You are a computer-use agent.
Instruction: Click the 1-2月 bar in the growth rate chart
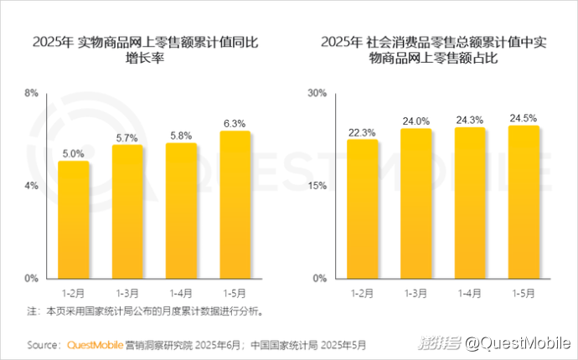(x=74, y=219)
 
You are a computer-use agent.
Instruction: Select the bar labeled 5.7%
(x=127, y=211)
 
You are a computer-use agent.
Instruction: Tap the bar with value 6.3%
(x=235, y=204)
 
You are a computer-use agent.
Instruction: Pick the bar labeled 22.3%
(x=362, y=208)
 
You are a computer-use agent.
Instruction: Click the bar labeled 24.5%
(x=523, y=202)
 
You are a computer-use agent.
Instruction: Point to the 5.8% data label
(x=181, y=135)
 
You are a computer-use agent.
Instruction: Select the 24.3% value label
(x=469, y=119)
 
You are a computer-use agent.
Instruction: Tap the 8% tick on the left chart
(x=31, y=93)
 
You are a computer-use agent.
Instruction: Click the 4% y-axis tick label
(x=31, y=186)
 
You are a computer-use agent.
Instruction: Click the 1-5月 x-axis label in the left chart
(x=235, y=293)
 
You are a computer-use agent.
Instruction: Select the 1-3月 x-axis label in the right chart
(x=415, y=293)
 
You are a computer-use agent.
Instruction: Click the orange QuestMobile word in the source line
(x=94, y=344)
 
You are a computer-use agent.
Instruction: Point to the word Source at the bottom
(x=43, y=344)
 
